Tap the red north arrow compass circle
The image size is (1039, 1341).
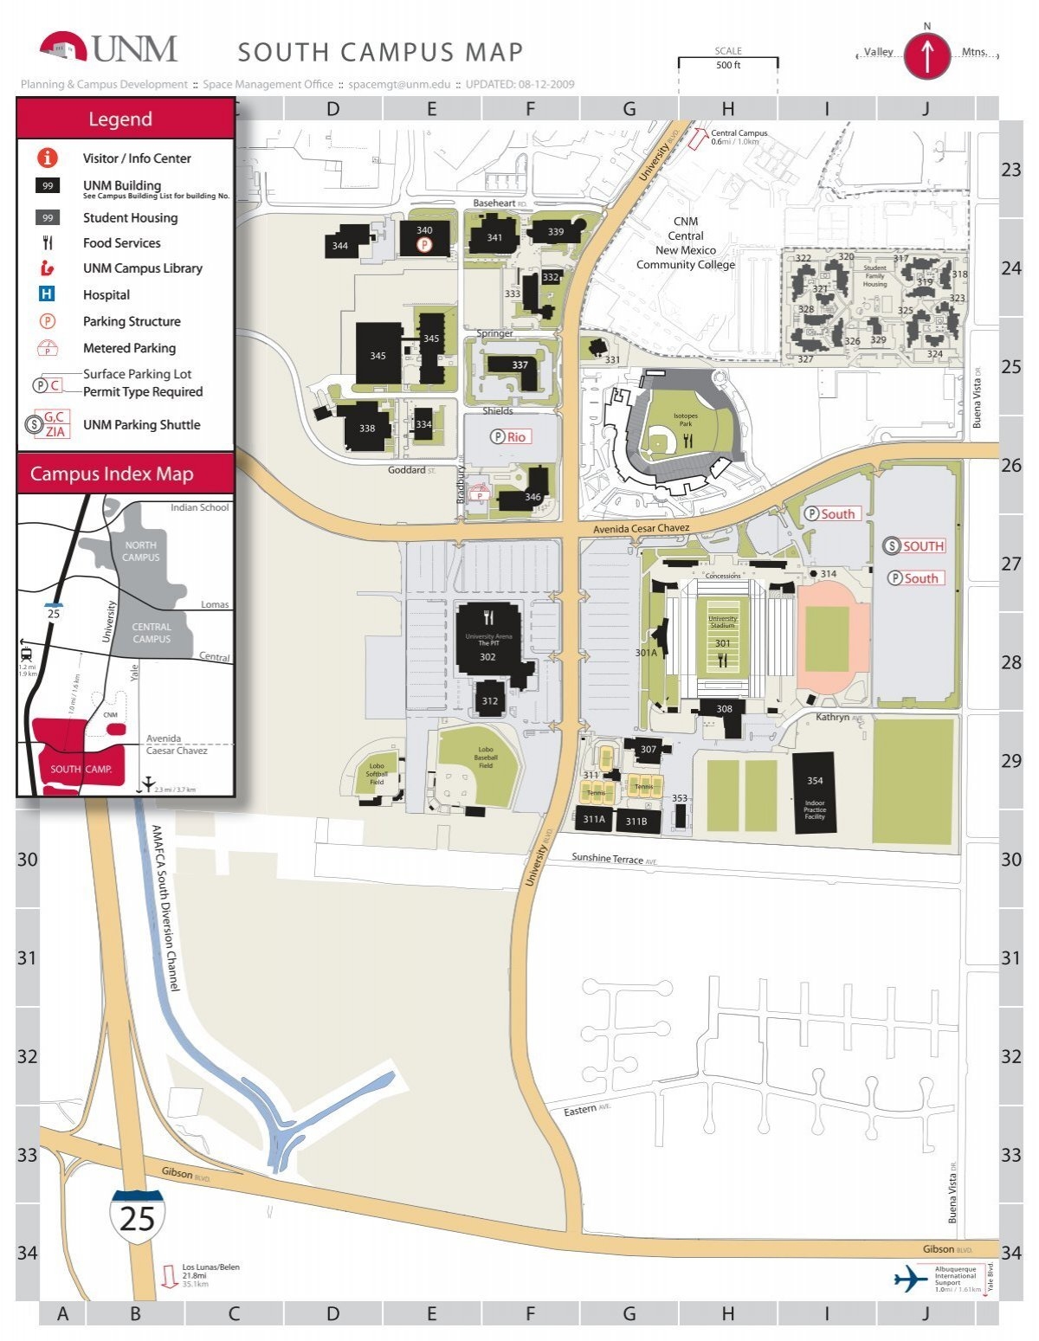927,56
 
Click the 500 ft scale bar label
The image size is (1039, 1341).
727,65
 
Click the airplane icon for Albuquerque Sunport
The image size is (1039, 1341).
910,1279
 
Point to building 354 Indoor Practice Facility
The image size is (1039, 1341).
815,793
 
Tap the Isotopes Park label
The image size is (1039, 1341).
685,420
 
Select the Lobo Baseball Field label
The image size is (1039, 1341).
486,758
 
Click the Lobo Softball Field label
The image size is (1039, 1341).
377,773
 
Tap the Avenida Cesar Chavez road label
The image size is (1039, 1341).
641,528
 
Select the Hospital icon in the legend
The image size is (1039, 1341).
47,294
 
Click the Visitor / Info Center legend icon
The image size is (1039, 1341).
47,158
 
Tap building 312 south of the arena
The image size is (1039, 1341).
490,700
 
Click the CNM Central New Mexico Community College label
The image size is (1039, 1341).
685,243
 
